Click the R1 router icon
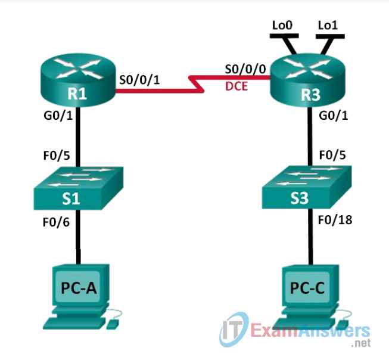tap(78, 80)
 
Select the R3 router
tap(307, 80)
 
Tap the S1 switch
tap(79, 188)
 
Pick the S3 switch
tap(307, 187)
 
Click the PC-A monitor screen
tap(78, 286)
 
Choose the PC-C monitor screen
tap(307, 287)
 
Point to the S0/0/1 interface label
tap(139, 80)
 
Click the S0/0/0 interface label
tap(245, 69)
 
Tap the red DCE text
tap(236, 86)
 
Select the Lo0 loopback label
tap(282, 25)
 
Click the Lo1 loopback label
tap(328, 25)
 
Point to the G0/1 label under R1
tap(58, 116)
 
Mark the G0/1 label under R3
tap(333, 116)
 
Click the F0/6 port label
tap(56, 222)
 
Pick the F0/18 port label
tap(335, 220)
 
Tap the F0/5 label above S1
tap(57, 156)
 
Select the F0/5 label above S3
tap(332, 155)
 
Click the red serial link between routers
tap(196, 84)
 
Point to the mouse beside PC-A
tap(112, 324)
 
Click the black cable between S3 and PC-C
tap(310, 237)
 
